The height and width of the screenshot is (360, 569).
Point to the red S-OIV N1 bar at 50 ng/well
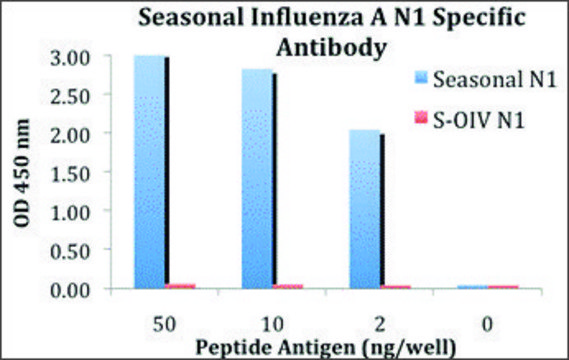pos(181,286)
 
